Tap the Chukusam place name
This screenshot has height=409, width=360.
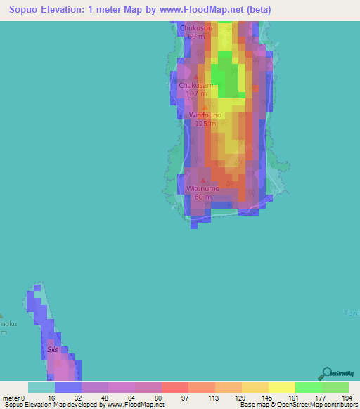coord(196,85)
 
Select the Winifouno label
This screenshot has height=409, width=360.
coord(205,115)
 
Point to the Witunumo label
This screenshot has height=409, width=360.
coord(203,189)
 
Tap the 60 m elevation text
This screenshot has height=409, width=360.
coord(203,197)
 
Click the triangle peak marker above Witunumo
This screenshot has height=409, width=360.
coord(203,181)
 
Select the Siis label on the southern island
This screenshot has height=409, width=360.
coord(52,349)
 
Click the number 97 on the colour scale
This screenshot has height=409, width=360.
coord(161,397)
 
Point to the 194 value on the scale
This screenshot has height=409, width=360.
coord(348,397)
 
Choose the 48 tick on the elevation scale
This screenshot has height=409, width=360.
coord(82,397)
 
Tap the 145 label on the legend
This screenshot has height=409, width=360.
coord(241,397)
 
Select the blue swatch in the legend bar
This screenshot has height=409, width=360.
coord(68,387)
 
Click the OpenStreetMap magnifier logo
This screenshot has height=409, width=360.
coord(327,374)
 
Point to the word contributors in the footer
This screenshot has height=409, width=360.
coord(337,405)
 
